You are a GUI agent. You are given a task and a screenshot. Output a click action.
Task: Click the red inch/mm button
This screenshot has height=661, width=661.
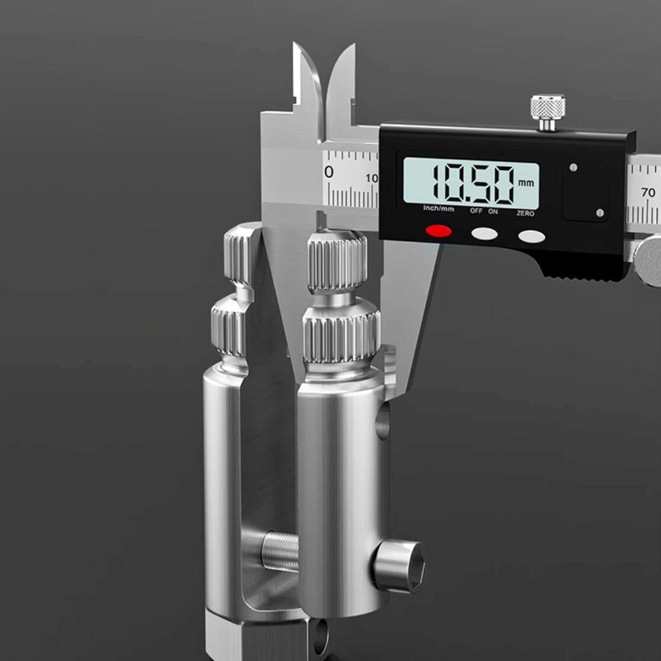coord(438,230)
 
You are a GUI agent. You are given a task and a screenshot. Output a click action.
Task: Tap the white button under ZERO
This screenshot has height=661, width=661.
coord(531,236)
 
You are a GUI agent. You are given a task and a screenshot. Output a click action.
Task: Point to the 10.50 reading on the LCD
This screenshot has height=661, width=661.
coord(473,183)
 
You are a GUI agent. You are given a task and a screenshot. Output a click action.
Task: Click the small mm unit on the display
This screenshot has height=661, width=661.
coord(525,183)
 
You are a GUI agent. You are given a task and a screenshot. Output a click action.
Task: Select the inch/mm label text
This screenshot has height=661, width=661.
coord(438,208)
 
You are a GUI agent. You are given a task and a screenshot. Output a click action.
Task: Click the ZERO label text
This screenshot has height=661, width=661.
coord(525,212)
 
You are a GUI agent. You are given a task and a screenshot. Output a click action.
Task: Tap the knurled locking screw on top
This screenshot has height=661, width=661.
coord(547,107)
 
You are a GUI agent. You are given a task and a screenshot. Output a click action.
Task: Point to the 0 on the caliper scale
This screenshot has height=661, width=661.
coord(329,172)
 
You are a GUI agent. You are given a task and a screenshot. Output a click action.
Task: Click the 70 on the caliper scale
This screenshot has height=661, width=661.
coord(648,192)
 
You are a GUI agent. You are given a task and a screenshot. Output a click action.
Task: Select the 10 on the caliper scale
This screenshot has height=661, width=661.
coord(372,178)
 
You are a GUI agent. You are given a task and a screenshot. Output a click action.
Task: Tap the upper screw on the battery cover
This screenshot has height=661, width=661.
coord(573,167)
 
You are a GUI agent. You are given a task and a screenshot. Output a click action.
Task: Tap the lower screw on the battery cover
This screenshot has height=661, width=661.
coord(600,212)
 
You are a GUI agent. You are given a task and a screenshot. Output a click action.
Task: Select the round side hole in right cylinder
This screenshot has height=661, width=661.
coord(383,421)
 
